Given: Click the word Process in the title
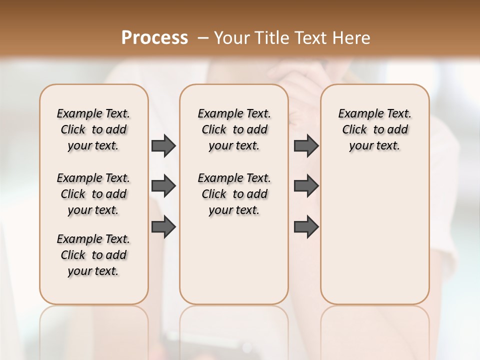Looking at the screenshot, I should click(x=154, y=38).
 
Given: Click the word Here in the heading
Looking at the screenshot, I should click(x=352, y=38).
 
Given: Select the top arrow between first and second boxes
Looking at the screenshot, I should click(x=163, y=145).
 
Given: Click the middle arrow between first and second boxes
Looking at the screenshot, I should click(x=163, y=186).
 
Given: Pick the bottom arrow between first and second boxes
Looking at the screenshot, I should click(x=163, y=227).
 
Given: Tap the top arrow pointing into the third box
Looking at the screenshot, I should click(x=306, y=145).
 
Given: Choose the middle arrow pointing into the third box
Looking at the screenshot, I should click(x=306, y=186).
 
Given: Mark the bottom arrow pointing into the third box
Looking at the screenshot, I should click(x=306, y=227).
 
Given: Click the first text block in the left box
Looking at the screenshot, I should click(x=93, y=129).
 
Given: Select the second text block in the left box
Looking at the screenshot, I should click(x=93, y=194).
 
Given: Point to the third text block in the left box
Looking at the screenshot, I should click(x=93, y=255).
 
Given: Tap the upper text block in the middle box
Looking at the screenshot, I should click(x=234, y=129).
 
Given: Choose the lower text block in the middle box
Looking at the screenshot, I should click(x=234, y=194).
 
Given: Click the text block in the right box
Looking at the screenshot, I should click(x=374, y=129).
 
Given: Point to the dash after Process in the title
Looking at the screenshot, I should click(x=203, y=38).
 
